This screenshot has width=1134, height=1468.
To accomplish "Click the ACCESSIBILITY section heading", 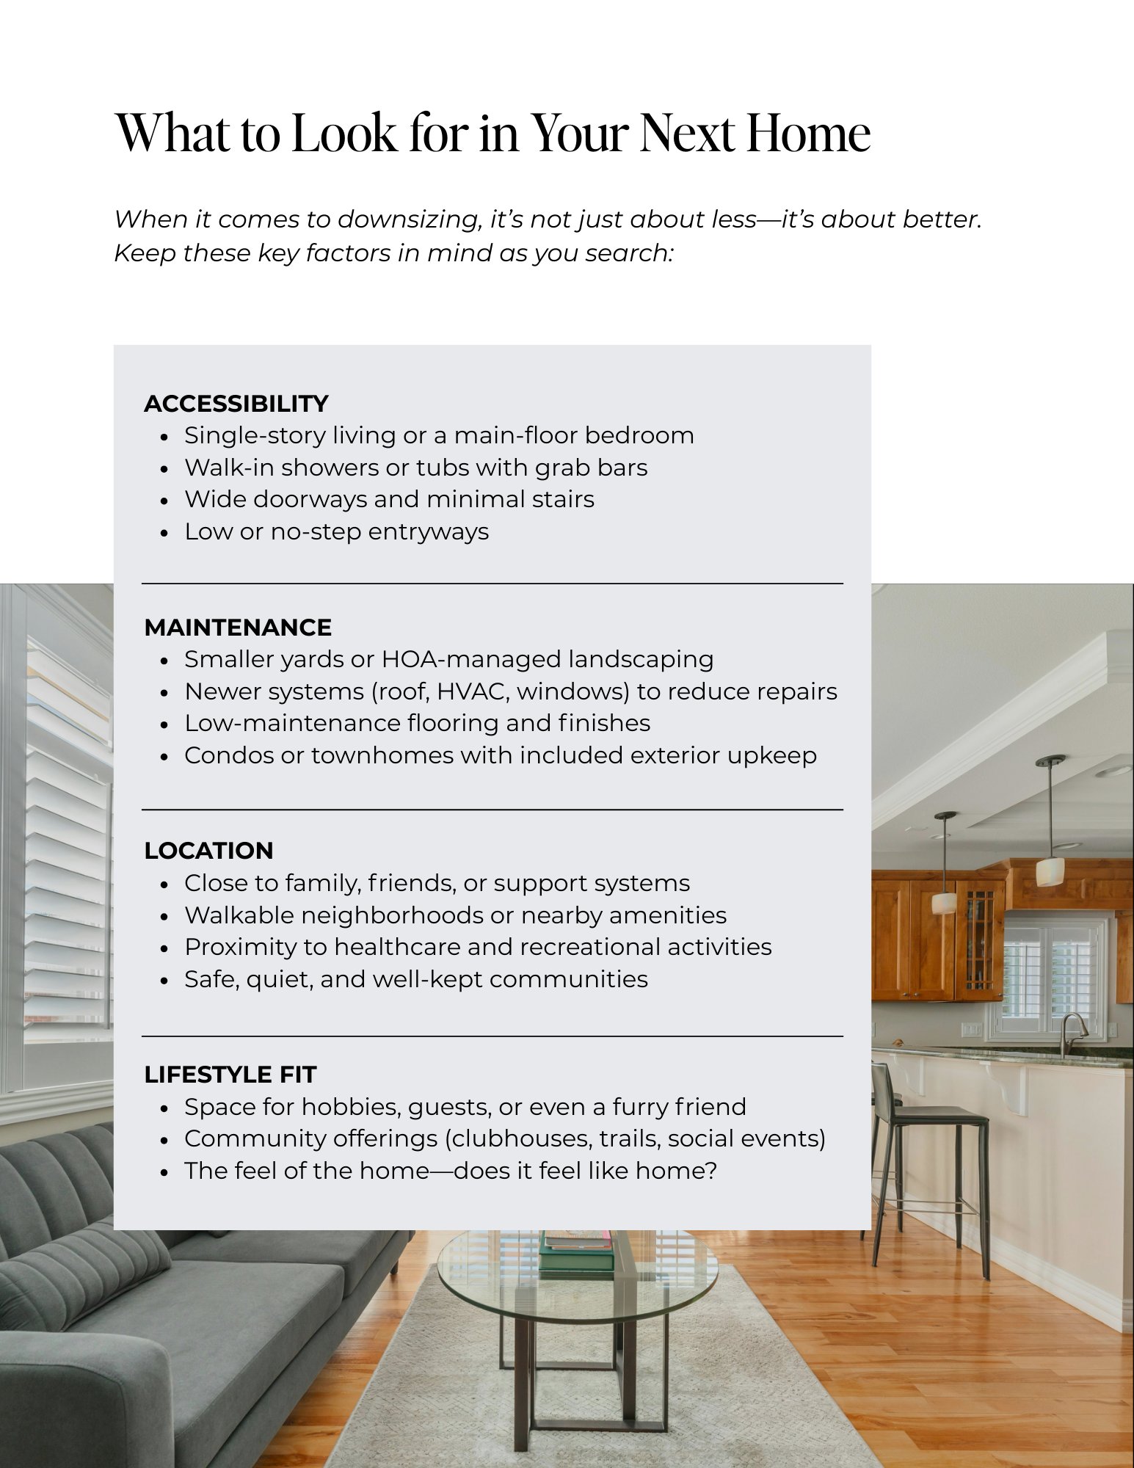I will tap(236, 404).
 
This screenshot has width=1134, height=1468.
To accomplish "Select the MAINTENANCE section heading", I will tap(237, 628).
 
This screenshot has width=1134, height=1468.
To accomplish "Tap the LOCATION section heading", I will tap(208, 851).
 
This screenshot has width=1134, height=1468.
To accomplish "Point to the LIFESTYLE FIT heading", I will tap(230, 1075).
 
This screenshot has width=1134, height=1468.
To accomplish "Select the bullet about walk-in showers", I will tap(415, 468).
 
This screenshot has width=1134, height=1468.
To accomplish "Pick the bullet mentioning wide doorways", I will tap(389, 499).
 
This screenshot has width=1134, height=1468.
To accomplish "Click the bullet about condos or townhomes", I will tap(500, 755).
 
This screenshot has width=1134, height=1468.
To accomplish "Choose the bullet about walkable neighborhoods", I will tap(455, 915).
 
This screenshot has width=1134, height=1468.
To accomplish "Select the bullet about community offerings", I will tap(504, 1138).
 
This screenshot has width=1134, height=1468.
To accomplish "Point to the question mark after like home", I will tap(709, 1171).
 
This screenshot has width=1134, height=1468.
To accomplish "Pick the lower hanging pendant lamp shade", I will tap(944, 902).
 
